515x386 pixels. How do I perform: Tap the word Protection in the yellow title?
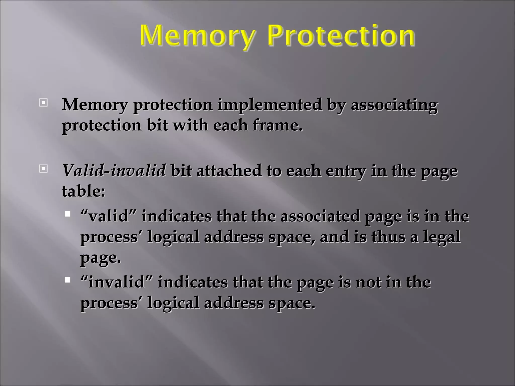click(340, 36)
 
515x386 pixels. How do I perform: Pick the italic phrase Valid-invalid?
click(114, 171)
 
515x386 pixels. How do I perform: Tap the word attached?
click(229, 171)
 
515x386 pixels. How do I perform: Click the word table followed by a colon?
click(83, 191)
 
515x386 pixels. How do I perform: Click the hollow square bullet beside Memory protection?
click(44, 103)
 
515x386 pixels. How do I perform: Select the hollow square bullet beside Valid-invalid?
click(44, 169)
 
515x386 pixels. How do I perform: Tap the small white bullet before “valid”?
click(67, 214)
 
